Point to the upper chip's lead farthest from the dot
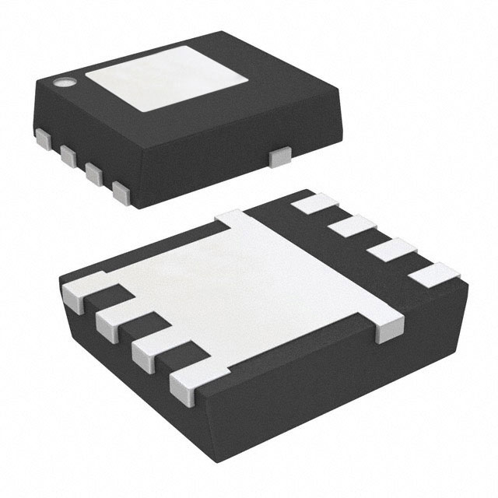coord(121,191)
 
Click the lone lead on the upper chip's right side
coord(278,157)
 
